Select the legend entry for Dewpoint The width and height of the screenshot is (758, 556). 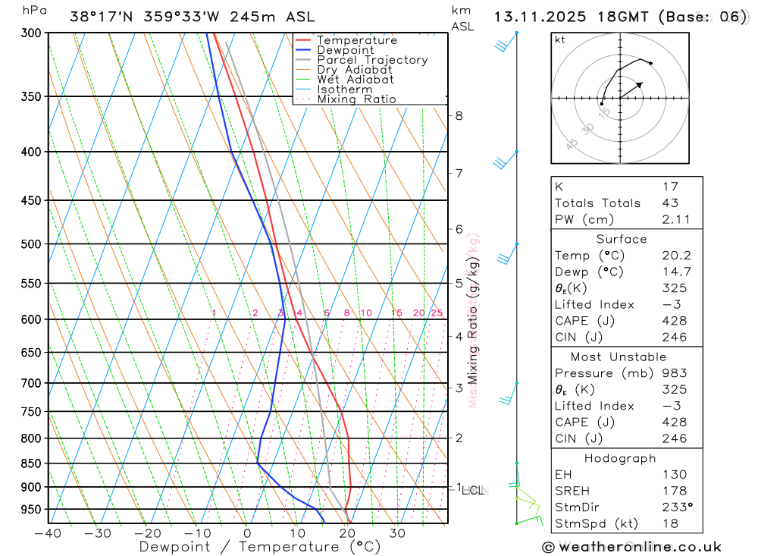coord(345,50)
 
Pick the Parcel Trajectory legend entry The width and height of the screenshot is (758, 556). coord(372,60)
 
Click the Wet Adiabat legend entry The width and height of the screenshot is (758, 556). coord(355,80)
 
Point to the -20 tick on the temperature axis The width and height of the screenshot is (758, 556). coord(147,532)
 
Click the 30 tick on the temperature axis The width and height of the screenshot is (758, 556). coord(397,532)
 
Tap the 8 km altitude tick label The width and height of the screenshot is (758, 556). coord(459,116)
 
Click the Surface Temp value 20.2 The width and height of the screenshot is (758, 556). coord(675,256)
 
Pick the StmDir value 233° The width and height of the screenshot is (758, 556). coord(676,507)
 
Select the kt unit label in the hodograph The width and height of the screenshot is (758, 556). coord(560,39)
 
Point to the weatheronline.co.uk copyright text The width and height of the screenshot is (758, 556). coord(631,547)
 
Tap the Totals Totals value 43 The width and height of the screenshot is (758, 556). coord(669,203)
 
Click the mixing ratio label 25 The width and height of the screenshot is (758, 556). coord(437,313)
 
